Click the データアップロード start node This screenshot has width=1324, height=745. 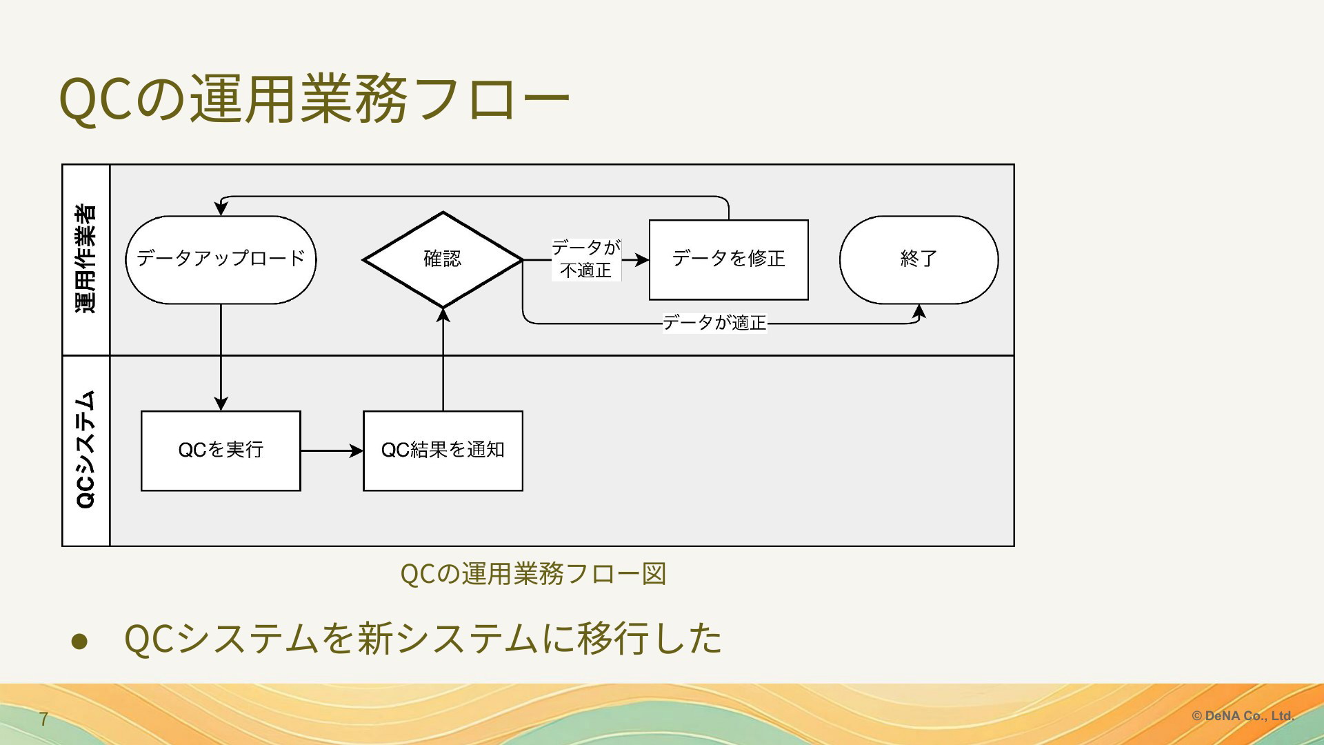pyautogui.click(x=221, y=259)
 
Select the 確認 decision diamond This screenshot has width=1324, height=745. pyautogui.click(x=443, y=259)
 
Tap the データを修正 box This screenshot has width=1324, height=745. pyautogui.click(x=729, y=259)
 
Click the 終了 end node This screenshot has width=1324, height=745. pyautogui.click(x=919, y=259)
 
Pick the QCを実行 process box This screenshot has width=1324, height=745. pyautogui.click(x=221, y=450)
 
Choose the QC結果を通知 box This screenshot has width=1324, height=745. pyautogui.click(x=443, y=450)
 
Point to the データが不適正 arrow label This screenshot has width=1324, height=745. pyautogui.click(x=586, y=259)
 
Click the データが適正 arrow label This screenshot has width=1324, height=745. pyautogui.click(x=714, y=322)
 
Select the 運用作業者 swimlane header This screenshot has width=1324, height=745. pyautogui.click(x=86, y=259)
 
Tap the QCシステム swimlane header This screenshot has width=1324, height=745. pyautogui.click(x=86, y=450)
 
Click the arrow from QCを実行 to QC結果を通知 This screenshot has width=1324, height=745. pyautogui.click(x=332, y=451)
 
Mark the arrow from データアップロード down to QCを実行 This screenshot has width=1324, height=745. pyautogui.click(x=221, y=357)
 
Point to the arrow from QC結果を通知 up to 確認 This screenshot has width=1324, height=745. pyautogui.click(x=443, y=359)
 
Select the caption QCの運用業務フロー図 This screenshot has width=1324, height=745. pyautogui.click(x=533, y=573)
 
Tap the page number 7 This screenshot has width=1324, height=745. pyautogui.click(x=43, y=719)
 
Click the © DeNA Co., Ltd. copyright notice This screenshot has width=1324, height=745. pyautogui.click(x=1243, y=716)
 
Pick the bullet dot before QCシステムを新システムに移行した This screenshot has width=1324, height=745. pyautogui.click(x=80, y=640)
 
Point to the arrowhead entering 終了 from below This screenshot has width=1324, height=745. pyautogui.click(x=919, y=311)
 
